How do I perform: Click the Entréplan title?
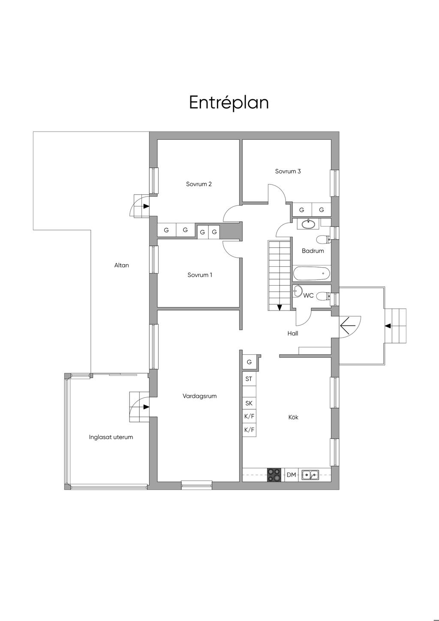[x=229, y=102]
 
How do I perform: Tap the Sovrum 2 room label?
[x=199, y=184]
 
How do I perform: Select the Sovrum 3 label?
[x=288, y=171]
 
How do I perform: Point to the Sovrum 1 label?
[x=199, y=275]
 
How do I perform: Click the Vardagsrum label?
[x=199, y=396]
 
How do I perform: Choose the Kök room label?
[x=293, y=417]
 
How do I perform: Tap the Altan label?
[x=121, y=265]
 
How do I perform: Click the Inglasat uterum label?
[x=111, y=437]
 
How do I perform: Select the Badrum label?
[x=313, y=250]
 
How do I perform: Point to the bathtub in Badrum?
[x=312, y=273]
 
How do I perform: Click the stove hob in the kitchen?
[x=274, y=475]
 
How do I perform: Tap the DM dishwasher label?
[x=291, y=475]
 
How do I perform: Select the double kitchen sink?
[x=310, y=475]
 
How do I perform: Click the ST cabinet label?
[x=249, y=379]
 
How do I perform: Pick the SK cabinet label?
[x=249, y=403]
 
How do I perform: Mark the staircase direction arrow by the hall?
[x=280, y=307]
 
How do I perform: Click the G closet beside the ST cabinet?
[x=249, y=362]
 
